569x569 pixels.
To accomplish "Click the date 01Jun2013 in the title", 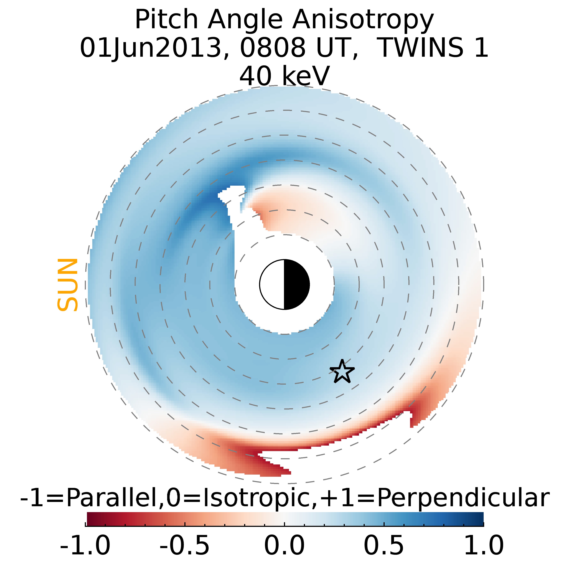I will (150, 48).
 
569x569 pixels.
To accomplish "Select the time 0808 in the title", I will (273, 48).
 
